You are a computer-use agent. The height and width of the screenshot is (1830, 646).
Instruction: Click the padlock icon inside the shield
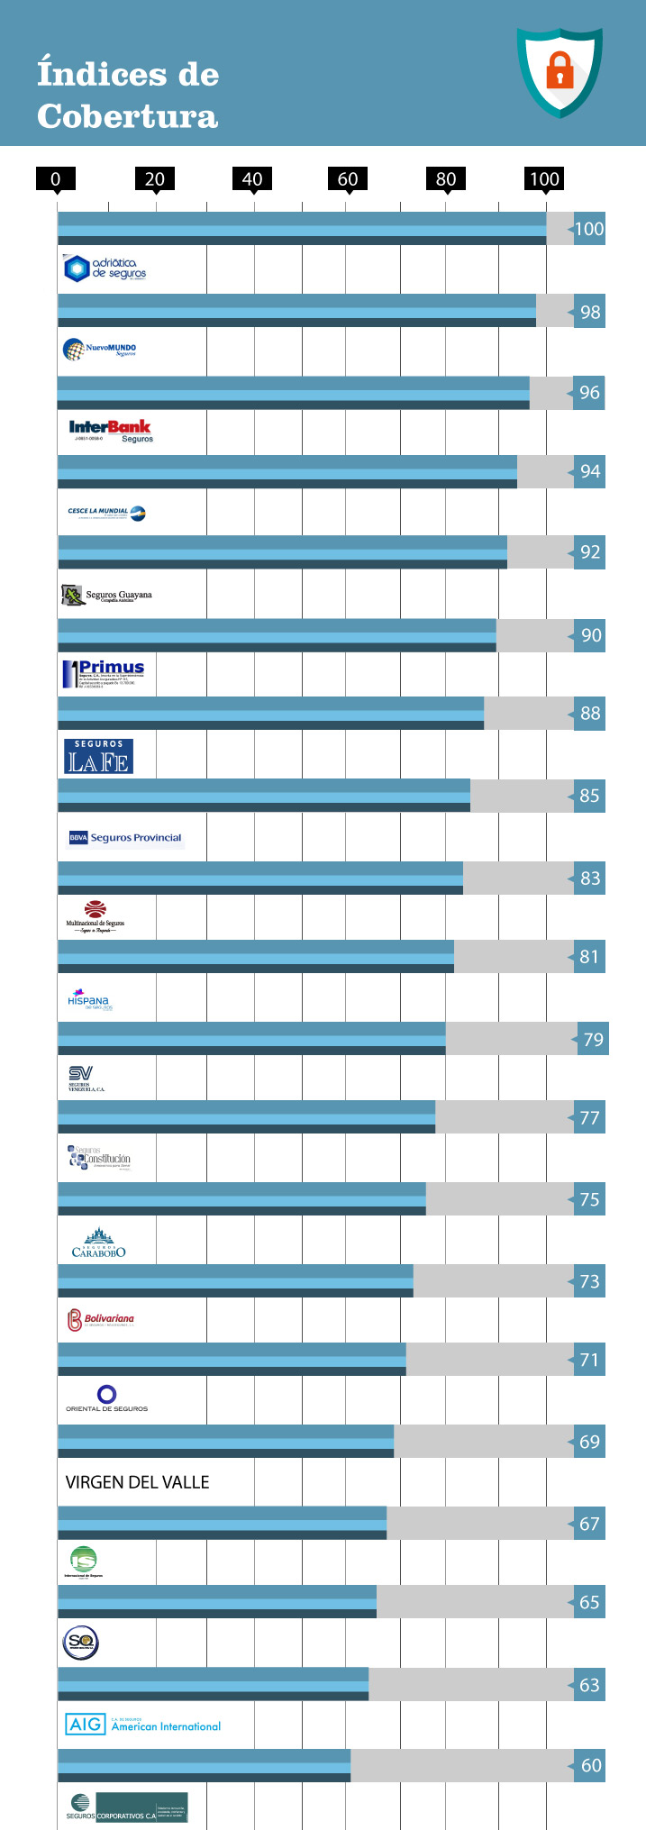coord(560,69)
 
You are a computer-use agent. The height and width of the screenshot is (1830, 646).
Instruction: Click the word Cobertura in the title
coord(127,116)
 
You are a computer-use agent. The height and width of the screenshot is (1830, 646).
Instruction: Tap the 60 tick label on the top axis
coord(348,178)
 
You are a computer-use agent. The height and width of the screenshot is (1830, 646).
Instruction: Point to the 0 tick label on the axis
coord(56,178)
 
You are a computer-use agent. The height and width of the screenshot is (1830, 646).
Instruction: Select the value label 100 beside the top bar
coord(589,229)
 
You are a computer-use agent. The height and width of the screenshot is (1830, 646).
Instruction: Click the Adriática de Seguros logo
coord(105,269)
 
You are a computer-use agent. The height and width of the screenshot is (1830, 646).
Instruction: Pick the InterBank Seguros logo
coord(111,431)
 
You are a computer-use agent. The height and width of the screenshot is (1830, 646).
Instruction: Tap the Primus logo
coord(104,674)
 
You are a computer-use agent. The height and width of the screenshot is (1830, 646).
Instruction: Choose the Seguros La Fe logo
coord(98,756)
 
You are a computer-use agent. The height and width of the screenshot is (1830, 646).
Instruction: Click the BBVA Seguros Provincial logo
coord(125,837)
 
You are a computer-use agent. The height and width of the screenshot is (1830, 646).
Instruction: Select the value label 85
coord(589,796)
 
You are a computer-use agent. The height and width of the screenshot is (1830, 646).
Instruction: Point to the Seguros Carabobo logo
coord(98,1243)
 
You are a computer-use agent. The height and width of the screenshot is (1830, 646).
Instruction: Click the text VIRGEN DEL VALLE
coord(137,1482)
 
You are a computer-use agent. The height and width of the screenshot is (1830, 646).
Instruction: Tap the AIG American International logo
coord(142,1725)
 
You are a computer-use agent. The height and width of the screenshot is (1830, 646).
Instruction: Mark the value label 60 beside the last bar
coord(590,1765)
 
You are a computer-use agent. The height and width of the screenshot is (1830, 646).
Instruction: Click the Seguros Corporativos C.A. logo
coord(127,1807)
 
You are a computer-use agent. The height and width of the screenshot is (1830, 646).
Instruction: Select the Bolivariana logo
coord(101,1320)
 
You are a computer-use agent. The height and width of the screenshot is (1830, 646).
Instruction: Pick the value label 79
coord(592,1040)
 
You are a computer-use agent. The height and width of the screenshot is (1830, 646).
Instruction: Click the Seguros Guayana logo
coord(107,595)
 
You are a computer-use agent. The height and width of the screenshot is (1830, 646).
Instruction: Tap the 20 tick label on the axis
coord(155,178)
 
